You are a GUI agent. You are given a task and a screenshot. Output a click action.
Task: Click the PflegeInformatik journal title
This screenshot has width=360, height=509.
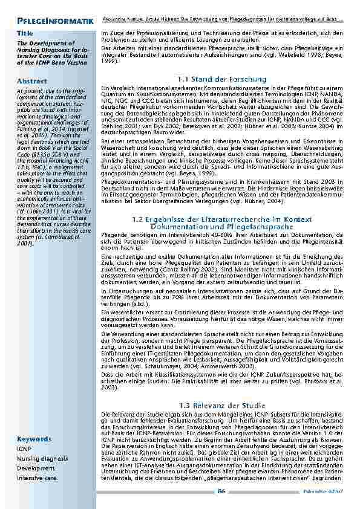click(55, 22)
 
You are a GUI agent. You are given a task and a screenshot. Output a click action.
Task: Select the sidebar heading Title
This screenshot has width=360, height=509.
click(25, 33)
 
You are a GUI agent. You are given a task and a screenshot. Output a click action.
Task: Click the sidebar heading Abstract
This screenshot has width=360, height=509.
click(33, 81)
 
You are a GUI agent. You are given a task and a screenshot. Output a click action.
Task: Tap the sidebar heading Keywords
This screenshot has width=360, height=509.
click(34, 439)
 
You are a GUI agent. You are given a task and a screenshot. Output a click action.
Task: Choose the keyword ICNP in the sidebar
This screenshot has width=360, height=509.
click(24, 449)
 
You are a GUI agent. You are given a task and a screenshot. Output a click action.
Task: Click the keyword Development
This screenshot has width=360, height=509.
click(32, 468)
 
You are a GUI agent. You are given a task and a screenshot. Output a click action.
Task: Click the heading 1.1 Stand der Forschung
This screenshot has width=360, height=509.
click(222, 79)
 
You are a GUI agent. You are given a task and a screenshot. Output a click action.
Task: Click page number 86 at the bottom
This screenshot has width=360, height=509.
click(221, 491)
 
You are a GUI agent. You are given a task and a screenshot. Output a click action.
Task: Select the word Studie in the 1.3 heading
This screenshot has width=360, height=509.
click(253, 404)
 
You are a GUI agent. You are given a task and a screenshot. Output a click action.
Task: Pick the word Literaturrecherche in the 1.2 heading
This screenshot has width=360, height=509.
click(220, 218)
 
